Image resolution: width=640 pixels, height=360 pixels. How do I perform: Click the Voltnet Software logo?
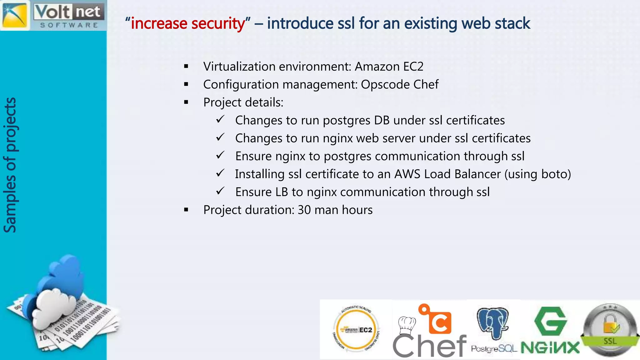(x=53, y=15)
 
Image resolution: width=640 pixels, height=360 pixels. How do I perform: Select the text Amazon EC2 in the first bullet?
(x=389, y=67)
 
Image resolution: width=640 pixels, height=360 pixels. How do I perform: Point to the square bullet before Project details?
(x=186, y=102)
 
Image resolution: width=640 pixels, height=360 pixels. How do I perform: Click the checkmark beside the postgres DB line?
(x=220, y=119)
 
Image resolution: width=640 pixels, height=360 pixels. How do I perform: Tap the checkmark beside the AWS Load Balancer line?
(x=220, y=173)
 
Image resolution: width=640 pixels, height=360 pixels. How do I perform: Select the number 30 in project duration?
(x=304, y=210)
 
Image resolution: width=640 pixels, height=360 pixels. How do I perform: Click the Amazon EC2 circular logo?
(x=356, y=330)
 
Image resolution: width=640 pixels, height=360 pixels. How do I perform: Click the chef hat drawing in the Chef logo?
(x=407, y=325)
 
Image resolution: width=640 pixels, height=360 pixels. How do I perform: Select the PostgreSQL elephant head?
(x=493, y=322)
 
